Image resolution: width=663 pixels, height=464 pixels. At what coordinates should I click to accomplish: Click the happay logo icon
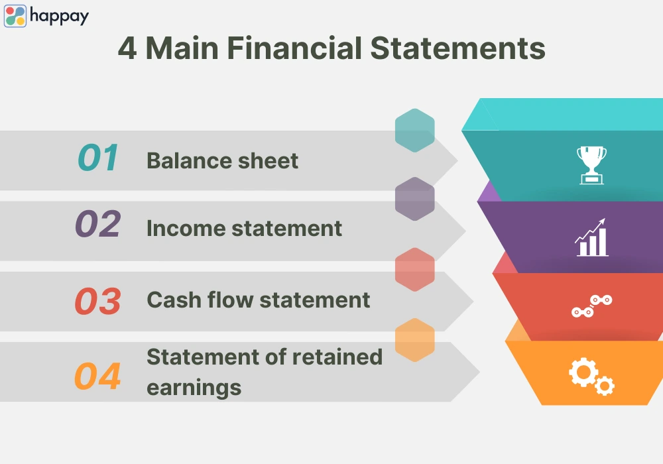coord(15,16)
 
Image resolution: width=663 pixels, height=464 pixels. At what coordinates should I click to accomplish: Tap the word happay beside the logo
coord(59,17)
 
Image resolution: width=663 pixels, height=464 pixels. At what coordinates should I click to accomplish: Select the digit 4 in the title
coord(127,48)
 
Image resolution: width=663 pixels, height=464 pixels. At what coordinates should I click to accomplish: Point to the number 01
coord(98,158)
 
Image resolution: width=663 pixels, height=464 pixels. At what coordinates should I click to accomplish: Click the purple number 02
coord(98,223)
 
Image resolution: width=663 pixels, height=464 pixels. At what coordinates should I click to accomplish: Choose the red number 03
coord(98,301)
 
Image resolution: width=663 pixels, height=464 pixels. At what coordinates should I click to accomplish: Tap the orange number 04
coord(97,376)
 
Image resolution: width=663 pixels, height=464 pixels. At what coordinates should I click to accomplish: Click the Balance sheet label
coord(222,160)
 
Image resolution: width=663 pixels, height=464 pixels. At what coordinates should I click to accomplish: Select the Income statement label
coord(245,229)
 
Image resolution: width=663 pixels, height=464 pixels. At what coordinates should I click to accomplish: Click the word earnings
coord(194,388)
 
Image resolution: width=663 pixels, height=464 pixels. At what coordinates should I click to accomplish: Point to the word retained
coord(337,357)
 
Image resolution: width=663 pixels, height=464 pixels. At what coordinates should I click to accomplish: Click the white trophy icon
coord(591,165)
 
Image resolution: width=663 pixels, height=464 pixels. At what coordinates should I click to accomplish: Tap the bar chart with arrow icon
coord(591,237)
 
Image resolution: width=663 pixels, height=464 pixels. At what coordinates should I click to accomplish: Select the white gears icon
coord(591,377)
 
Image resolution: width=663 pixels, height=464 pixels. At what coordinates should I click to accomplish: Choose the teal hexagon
coord(415,131)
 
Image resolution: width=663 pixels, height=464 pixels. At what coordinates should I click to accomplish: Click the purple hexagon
coord(415,199)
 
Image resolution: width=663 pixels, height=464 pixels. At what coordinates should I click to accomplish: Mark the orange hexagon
coord(415,340)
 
